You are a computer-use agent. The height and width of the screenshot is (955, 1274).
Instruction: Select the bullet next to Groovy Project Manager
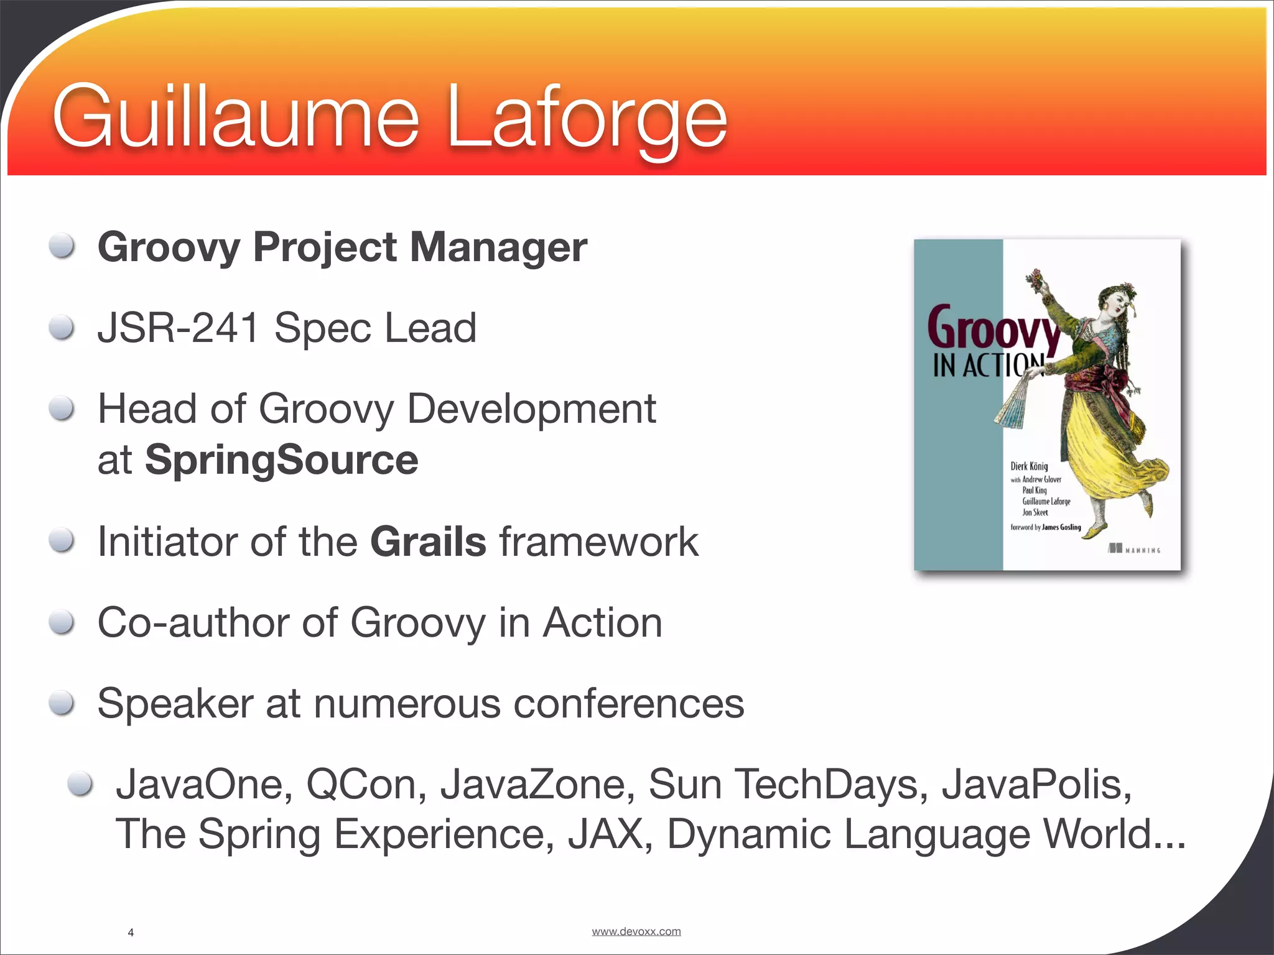click(x=62, y=246)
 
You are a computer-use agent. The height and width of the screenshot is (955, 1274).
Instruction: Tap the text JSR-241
click(x=178, y=328)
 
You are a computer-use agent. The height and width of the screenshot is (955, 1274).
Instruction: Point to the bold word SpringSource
click(x=281, y=460)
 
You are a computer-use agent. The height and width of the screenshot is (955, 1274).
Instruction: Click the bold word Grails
click(x=428, y=542)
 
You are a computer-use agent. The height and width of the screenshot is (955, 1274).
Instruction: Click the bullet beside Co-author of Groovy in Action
click(x=62, y=622)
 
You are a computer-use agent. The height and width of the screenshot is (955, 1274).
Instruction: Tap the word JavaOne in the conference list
click(x=204, y=785)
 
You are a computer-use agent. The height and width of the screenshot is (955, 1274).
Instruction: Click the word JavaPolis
click(x=1036, y=785)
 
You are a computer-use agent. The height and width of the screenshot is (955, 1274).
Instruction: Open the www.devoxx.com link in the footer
click(x=636, y=931)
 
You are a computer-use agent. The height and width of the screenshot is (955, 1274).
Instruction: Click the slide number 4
click(x=131, y=933)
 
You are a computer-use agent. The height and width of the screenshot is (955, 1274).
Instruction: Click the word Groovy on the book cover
click(x=993, y=328)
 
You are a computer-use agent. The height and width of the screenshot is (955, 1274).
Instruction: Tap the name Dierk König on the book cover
click(x=1029, y=466)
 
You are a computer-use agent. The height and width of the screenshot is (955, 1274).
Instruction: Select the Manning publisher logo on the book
click(x=1134, y=550)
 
